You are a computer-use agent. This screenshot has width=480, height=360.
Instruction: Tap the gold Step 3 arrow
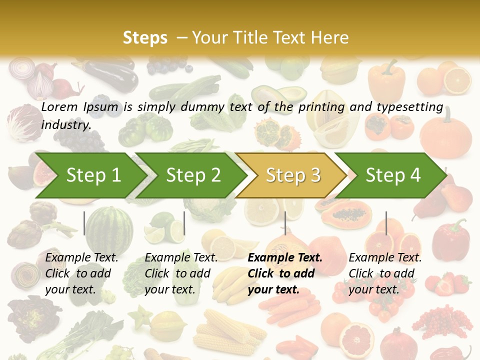click(292, 175)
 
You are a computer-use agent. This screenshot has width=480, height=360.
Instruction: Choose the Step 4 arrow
click(392, 175)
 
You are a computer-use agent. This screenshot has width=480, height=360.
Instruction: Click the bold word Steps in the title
click(145, 38)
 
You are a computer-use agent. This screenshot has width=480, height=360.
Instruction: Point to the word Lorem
click(59, 106)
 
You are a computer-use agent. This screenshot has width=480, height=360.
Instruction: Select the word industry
click(65, 125)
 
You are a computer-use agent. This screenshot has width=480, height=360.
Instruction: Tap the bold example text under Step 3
click(284, 273)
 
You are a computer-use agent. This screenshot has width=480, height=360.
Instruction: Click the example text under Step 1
click(81, 273)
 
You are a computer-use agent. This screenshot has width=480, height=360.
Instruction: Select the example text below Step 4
click(385, 273)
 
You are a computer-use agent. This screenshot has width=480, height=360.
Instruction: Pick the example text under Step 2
click(181, 273)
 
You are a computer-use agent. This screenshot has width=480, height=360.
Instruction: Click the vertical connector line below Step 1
click(84, 223)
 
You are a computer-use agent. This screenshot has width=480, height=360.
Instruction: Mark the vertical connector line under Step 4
click(386, 223)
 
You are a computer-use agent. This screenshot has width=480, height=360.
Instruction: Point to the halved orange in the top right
click(457, 80)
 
